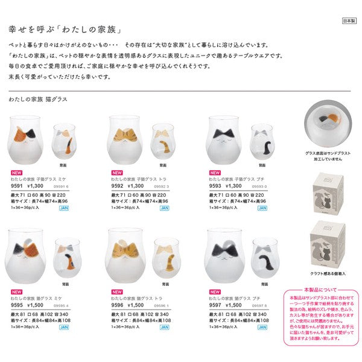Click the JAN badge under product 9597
pyautogui.click(x=262, y=326)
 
